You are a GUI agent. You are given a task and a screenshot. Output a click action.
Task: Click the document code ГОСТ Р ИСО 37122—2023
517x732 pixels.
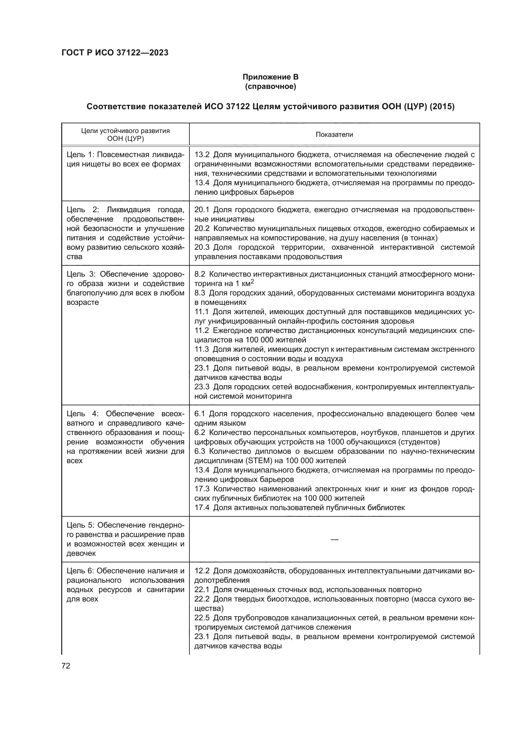point(115,53)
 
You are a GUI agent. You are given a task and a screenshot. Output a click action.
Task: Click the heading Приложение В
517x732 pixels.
point(270,77)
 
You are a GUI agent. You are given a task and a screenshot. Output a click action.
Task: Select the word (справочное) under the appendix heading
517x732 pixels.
point(270,86)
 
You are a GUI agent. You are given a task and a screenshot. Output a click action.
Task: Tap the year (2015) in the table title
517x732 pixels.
point(442,106)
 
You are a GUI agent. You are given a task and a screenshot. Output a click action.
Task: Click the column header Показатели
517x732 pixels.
point(334,135)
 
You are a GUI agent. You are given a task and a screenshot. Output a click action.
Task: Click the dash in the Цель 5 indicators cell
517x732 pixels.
point(334,540)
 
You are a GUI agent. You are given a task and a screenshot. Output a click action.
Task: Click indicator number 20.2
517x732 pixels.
point(202,228)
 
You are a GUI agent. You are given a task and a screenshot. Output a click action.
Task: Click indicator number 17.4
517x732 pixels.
point(202,508)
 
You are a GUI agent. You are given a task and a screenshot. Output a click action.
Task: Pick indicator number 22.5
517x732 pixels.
point(202,618)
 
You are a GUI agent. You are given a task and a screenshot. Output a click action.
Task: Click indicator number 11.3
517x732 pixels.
point(202,350)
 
